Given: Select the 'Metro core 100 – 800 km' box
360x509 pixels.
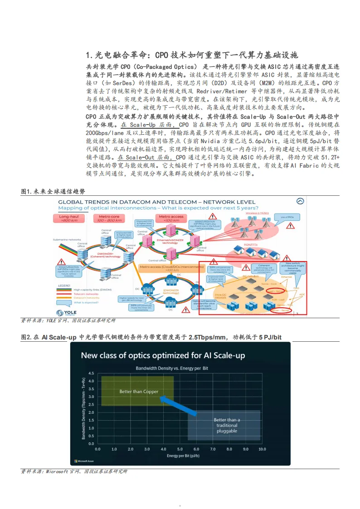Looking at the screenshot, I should [x=109, y=218].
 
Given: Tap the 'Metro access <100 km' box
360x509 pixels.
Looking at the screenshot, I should [x=171, y=218].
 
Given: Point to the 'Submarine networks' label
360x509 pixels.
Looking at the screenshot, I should [x=67, y=239].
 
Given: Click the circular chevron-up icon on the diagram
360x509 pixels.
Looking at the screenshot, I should [x=300, y=201].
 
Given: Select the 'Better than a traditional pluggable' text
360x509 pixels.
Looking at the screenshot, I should [x=227, y=425].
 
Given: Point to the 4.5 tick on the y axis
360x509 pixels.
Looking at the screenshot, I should [x=91, y=373].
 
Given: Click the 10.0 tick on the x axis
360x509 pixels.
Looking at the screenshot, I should [x=262, y=449].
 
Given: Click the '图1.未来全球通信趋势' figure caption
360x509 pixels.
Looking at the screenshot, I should [x=53, y=192].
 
